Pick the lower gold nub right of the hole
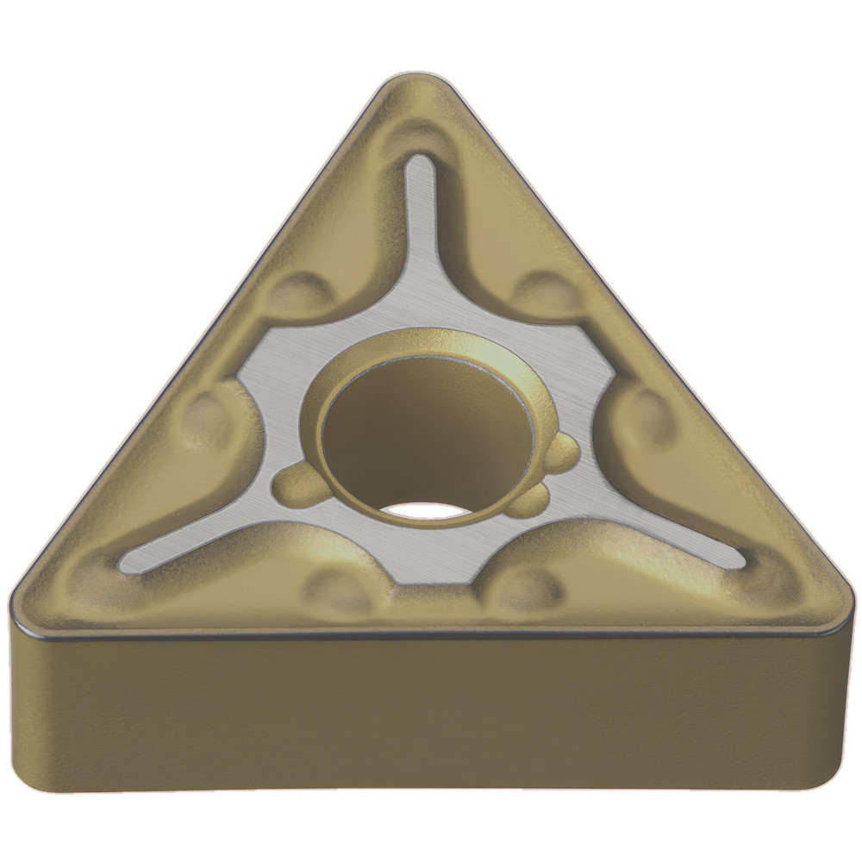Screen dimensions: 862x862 tap(530, 500)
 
